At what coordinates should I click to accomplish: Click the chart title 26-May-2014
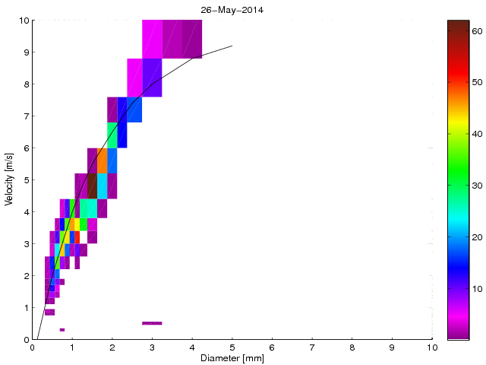(x=232, y=10)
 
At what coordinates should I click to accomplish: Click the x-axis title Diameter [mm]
(x=232, y=358)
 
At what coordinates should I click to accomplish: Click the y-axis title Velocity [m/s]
(x=10, y=180)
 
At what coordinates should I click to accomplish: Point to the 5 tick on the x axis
(x=232, y=340)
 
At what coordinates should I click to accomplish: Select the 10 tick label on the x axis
(x=432, y=348)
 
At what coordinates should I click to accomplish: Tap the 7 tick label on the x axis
(x=312, y=348)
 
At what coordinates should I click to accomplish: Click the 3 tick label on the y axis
(x=25, y=244)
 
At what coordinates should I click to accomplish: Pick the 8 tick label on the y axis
(x=25, y=84)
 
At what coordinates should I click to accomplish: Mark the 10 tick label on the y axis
(x=24, y=21)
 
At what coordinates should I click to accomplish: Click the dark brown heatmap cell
(x=92, y=186)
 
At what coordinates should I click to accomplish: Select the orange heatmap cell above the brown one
(x=102, y=160)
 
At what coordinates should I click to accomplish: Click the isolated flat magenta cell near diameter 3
(x=152, y=323)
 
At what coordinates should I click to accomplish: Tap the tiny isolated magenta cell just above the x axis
(x=62, y=329)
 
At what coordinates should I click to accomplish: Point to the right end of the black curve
(x=232, y=46)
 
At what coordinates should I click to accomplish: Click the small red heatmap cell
(x=77, y=237)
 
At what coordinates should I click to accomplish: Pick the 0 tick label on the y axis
(x=25, y=340)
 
